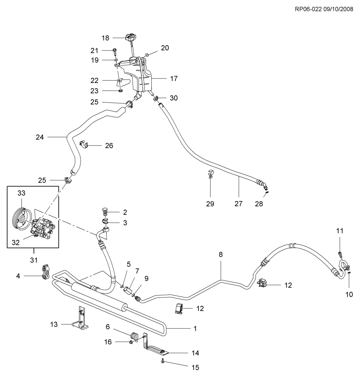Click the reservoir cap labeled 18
(x=130, y=38)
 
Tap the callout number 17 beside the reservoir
(x=174, y=79)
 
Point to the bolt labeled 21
(x=115, y=51)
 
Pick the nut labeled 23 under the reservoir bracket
(x=120, y=91)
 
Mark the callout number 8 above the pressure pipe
(x=221, y=254)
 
